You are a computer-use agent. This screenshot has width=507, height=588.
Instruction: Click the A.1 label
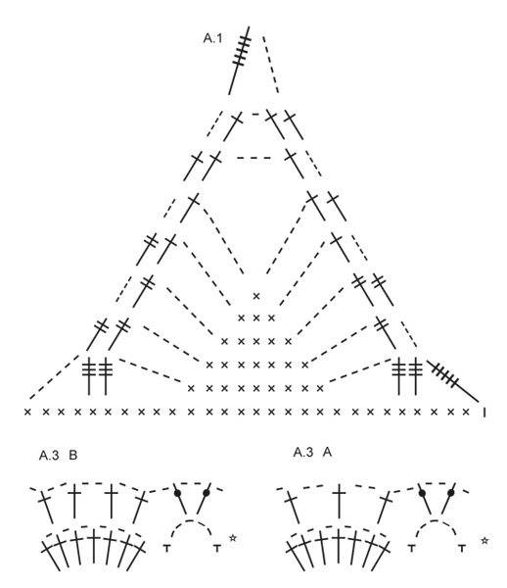(x=212, y=38)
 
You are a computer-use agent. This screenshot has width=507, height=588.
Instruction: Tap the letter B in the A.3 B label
(x=73, y=456)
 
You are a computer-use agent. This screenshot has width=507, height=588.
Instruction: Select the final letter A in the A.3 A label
(x=327, y=452)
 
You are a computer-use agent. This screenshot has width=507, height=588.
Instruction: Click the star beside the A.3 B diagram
(x=233, y=538)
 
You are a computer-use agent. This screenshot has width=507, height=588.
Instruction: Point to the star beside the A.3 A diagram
(x=484, y=540)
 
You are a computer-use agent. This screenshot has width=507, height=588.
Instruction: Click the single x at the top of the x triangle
(x=256, y=296)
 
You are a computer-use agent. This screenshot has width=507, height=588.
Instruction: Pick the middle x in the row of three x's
(x=256, y=318)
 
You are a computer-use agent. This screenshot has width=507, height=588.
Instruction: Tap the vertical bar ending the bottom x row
(x=484, y=413)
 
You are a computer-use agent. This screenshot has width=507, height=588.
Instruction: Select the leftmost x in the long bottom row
(x=27, y=412)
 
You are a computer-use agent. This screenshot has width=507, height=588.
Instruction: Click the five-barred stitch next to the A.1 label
(x=240, y=60)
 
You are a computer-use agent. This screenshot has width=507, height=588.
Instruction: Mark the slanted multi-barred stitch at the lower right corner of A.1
(x=453, y=381)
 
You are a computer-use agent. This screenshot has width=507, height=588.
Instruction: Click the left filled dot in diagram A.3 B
(x=177, y=492)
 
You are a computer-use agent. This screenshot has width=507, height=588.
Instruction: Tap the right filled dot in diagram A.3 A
(x=451, y=492)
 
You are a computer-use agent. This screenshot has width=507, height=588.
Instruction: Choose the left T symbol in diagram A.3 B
(x=167, y=548)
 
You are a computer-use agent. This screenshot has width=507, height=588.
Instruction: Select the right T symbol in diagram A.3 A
(x=462, y=548)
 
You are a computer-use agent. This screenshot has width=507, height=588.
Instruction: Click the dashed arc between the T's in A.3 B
(x=191, y=521)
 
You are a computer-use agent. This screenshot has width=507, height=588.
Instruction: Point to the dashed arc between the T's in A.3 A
(x=437, y=521)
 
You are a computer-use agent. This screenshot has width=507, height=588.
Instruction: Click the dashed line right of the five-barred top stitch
(x=271, y=65)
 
